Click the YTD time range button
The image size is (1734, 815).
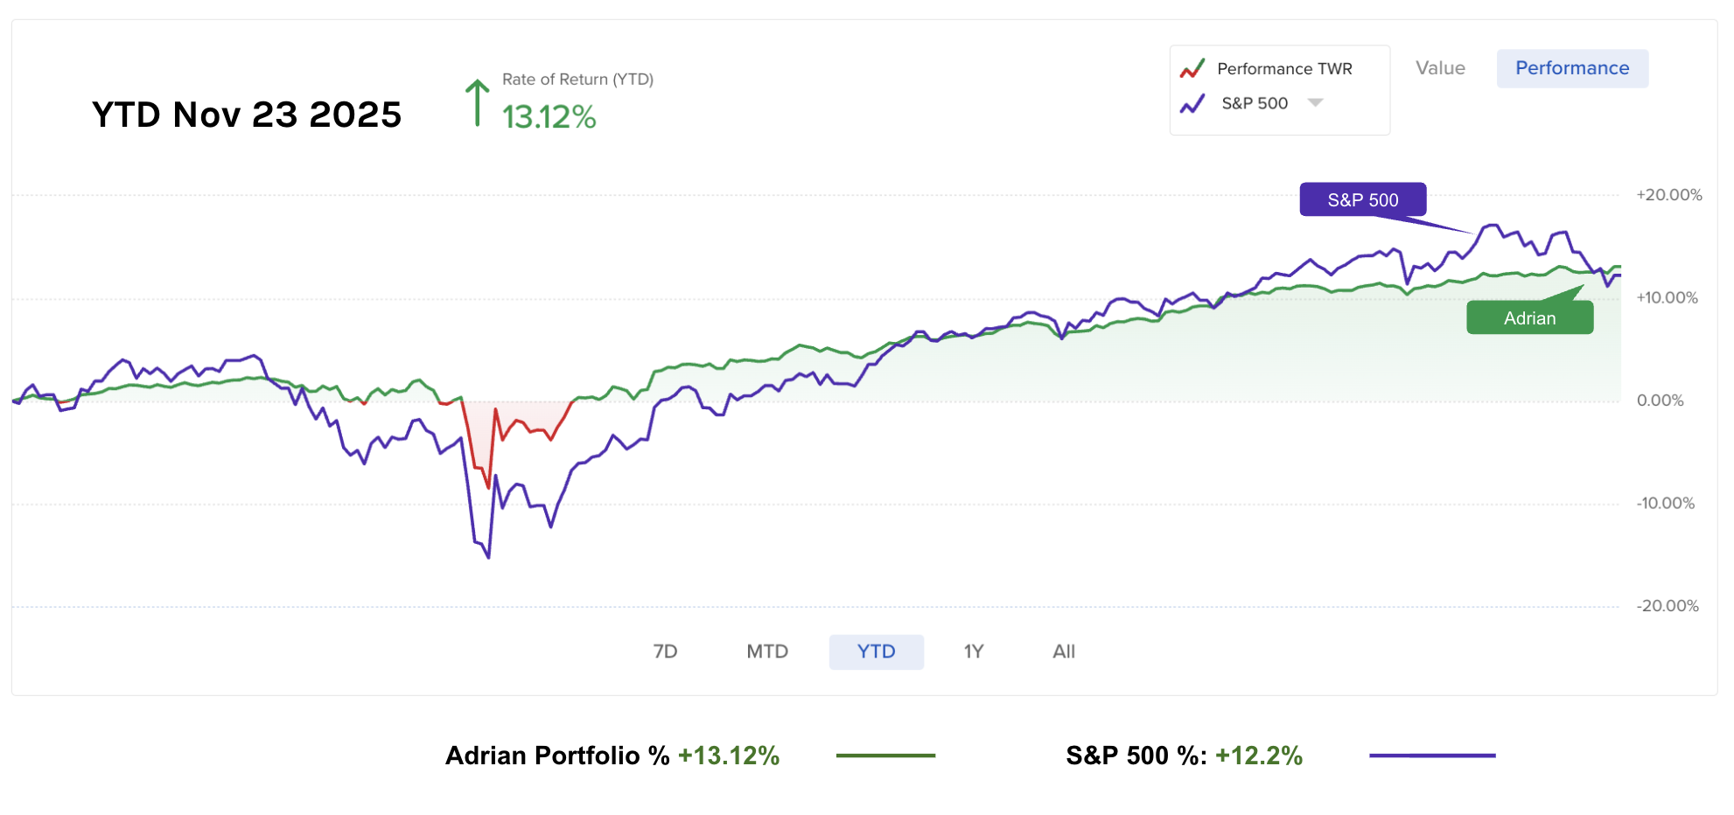point(876,651)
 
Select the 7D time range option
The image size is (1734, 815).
point(665,651)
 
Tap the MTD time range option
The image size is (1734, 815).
point(767,651)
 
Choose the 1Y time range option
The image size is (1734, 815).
point(974,651)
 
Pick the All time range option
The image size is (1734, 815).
point(1064,651)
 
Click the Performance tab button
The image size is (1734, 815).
point(1572,68)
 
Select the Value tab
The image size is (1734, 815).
point(1440,68)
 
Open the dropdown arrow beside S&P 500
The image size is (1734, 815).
point(1315,103)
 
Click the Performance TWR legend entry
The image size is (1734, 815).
point(1283,69)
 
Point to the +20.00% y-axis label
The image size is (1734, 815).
point(1668,195)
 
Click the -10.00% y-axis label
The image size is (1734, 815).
point(1665,504)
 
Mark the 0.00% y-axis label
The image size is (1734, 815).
point(1660,401)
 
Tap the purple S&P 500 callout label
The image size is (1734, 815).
point(1362,199)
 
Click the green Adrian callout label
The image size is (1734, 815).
point(1529,318)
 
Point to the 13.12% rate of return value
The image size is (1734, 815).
point(549,117)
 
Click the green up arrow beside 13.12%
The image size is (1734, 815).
point(477,103)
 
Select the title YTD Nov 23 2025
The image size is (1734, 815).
point(247,115)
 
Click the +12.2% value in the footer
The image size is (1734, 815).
point(1258,756)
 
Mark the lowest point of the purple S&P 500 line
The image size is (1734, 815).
point(488,557)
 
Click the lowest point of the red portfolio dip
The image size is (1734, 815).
point(488,487)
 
